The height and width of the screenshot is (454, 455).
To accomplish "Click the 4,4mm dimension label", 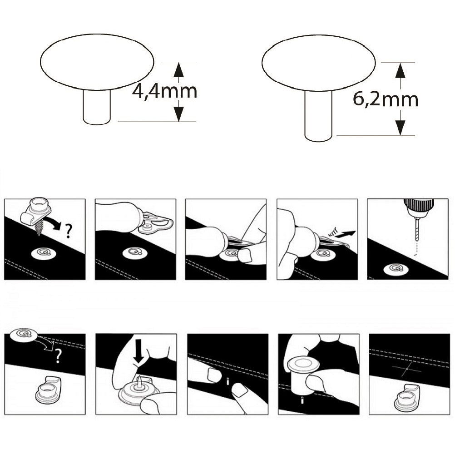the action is [164, 91].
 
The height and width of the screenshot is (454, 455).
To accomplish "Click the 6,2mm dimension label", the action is [386, 99].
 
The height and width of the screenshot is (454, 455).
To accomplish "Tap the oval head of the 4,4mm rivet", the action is [97, 62].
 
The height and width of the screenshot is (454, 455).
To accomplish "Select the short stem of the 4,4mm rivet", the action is [97, 107].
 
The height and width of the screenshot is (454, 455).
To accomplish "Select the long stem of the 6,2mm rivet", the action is [318, 116].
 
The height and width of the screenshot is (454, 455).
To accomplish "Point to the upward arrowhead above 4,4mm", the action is [179, 70].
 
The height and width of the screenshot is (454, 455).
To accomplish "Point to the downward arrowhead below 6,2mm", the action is [401, 128].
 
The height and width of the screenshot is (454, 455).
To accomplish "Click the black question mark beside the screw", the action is [68, 231].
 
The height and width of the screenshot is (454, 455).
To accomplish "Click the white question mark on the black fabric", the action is [58, 356].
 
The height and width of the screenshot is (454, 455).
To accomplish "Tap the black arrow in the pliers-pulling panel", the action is [347, 233].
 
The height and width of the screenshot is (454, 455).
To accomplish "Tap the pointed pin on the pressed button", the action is [140, 381].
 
